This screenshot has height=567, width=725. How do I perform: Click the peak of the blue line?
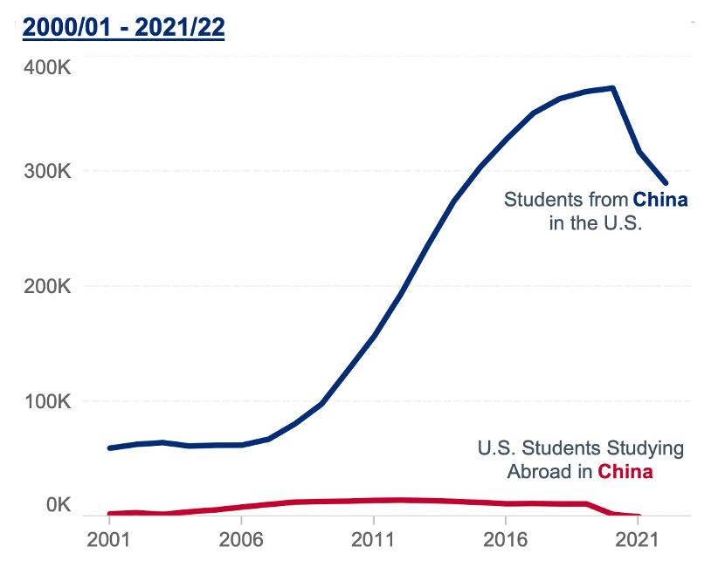click(x=614, y=88)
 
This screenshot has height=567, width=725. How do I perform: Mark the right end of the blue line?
click(x=666, y=183)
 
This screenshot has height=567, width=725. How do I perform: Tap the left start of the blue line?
click(x=109, y=447)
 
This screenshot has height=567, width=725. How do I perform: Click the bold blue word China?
click(x=660, y=200)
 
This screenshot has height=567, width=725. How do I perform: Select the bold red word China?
click(x=625, y=473)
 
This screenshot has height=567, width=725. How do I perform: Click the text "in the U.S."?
click(x=596, y=223)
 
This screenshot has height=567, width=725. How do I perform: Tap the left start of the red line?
click(x=109, y=514)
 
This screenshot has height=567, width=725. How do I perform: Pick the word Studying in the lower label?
click(x=646, y=449)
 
